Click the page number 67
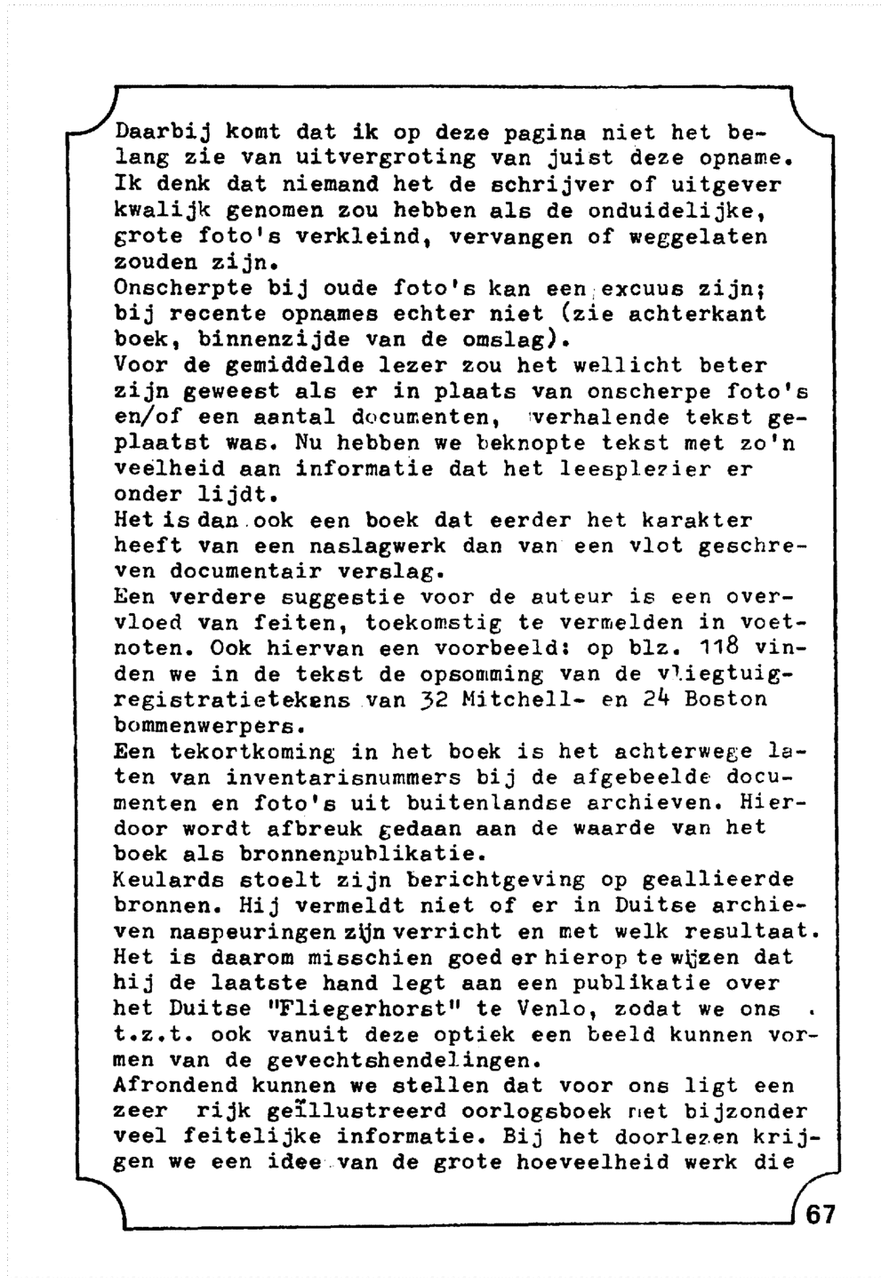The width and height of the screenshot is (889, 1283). point(821,1214)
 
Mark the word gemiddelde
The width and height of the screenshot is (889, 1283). point(269,365)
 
